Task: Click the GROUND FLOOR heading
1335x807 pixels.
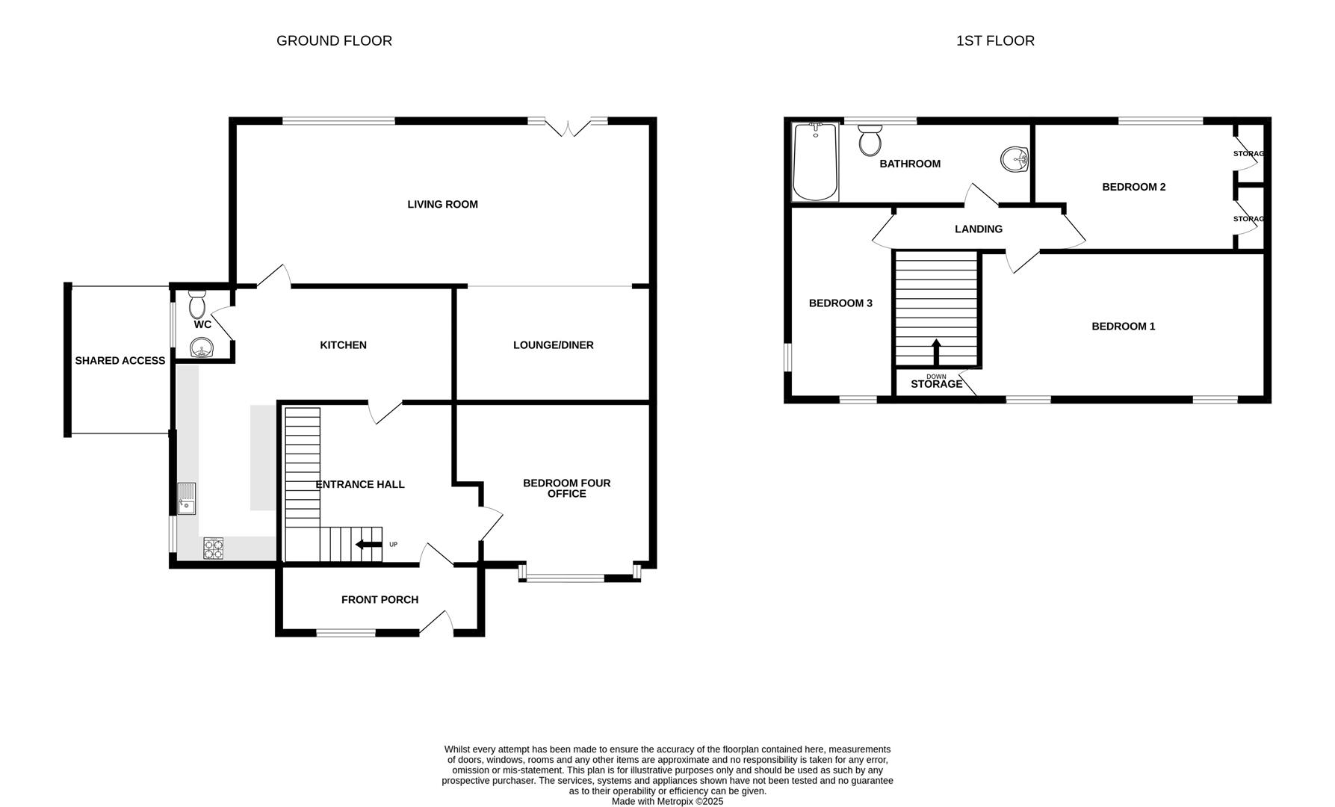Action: [x=334, y=40]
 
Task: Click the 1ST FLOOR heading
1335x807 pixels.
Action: [x=995, y=40]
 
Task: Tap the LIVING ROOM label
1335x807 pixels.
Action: [x=442, y=204]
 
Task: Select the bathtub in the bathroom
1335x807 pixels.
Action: [x=815, y=162]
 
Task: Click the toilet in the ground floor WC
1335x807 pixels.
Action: [x=197, y=304]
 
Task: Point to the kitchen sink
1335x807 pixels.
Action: [x=186, y=498]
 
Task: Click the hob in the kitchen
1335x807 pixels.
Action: [x=214, y=549]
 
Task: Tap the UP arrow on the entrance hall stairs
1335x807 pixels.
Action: [x=368, y=545]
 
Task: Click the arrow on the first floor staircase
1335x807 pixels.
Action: [x=935, y=352]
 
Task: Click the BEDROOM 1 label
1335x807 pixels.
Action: [x=1123, y=326]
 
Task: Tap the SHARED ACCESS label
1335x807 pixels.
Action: [x=120, y=360]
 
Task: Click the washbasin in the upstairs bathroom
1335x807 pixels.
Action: [x=1015, y=159]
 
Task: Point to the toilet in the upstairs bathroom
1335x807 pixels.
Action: [x=870, y=140]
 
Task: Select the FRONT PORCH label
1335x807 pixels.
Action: [x=380, y=599]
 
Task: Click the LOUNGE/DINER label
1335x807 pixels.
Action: [x=553, y=344]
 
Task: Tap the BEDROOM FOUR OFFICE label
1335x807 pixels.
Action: [x=566, y=488]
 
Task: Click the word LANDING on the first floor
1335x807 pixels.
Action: [x=978, y=229]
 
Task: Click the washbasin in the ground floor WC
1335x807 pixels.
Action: [x=201, y=347]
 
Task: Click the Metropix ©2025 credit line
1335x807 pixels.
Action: [x=667, y=801]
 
